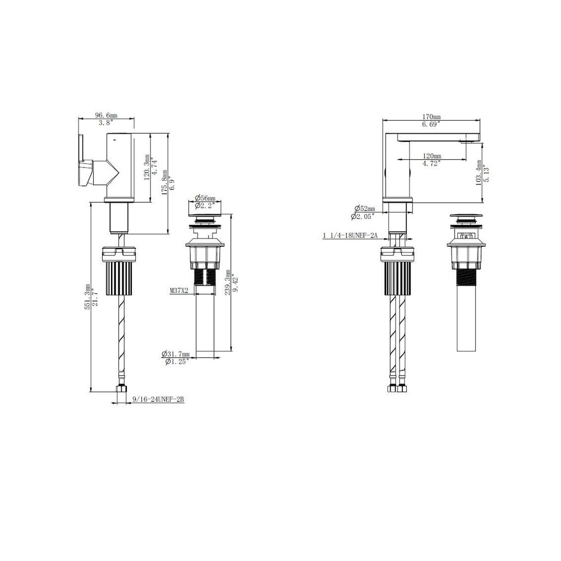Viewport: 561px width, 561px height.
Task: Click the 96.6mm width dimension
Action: [x=106, y=115]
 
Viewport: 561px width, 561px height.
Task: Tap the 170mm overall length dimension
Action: [x=431, y=117]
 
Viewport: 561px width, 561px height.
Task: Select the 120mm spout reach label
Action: [x=432, y=156]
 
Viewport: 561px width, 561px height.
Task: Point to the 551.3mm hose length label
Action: [x=88, y=297]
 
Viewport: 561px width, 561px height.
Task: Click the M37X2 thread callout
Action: [x=179, y=291]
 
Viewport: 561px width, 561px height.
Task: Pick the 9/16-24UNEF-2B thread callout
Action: [x=158, y=399]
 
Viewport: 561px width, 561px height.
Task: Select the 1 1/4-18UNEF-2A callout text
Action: [x=350, y=236]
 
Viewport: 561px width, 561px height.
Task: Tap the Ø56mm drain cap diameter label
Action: [x=205, y=198]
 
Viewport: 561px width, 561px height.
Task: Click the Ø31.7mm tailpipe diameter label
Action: [x=175, y=354]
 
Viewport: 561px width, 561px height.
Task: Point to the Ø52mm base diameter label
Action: [x=365, y=209]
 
